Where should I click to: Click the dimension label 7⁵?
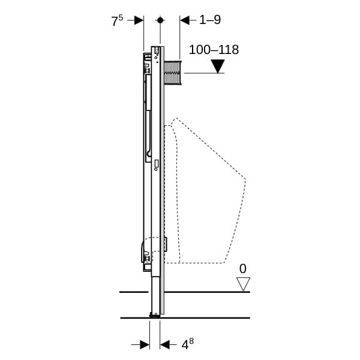click(x=117, y=20)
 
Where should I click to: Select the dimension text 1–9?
click(x=210, y=20)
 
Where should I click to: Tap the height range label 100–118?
click(x=214, y=50)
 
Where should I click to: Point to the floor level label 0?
click(x=242, y=268)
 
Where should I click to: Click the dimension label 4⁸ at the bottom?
click(x=188, y=344)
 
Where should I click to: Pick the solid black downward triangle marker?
click(x=218, y=67)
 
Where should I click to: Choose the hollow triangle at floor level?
click(x=243, y=284)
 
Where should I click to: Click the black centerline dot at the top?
click(x=160, y=20)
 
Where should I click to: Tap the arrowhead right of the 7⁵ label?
click(x=139, y=20)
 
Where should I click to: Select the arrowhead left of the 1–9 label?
click(x=185, y=20)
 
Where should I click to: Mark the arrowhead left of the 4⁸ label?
click(x=165, y=344)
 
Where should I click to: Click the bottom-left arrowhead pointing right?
click(x=145, y=344)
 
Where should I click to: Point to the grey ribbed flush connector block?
click(x=173, y=73)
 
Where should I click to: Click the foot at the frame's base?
click(x=155, y=314)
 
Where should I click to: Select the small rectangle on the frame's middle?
click(x=157, y=163)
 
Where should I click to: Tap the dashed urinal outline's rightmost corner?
click(x=245, y=179)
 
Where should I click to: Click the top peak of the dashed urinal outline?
click(x=176, y=118)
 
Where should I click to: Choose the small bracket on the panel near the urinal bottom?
click(x=166, y=244)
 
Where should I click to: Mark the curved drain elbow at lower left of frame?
click(x=146, y=250)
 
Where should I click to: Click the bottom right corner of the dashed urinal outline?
click(x=224, y=263)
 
